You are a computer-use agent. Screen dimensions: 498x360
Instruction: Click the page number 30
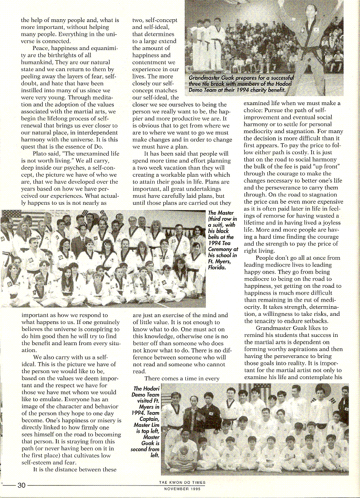21,485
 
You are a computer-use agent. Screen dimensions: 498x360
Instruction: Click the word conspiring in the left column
100,330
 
